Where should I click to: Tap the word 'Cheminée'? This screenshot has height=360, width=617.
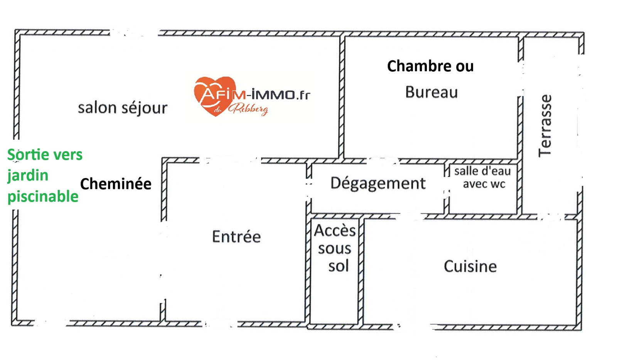point(116,184)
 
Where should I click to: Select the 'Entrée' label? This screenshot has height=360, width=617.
point(236,237)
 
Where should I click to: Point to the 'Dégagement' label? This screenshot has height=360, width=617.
point(378,183)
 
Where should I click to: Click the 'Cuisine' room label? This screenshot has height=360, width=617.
point(470,266)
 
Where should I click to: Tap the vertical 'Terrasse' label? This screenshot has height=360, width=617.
point(545,126)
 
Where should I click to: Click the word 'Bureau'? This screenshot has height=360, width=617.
point(432,93)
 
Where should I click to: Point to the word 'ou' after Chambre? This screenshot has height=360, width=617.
point(465,67)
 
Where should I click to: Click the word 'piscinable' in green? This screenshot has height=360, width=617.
point(43,197)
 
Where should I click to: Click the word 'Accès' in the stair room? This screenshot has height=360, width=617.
point(335,230)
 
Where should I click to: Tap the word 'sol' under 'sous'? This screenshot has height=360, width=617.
point(338,266)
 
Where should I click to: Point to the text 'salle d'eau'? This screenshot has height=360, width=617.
point(482,171)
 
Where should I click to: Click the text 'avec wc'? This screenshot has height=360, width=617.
point(484,184)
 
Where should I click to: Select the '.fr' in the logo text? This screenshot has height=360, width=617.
point(303,95)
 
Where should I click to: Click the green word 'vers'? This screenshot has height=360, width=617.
point(68,155)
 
